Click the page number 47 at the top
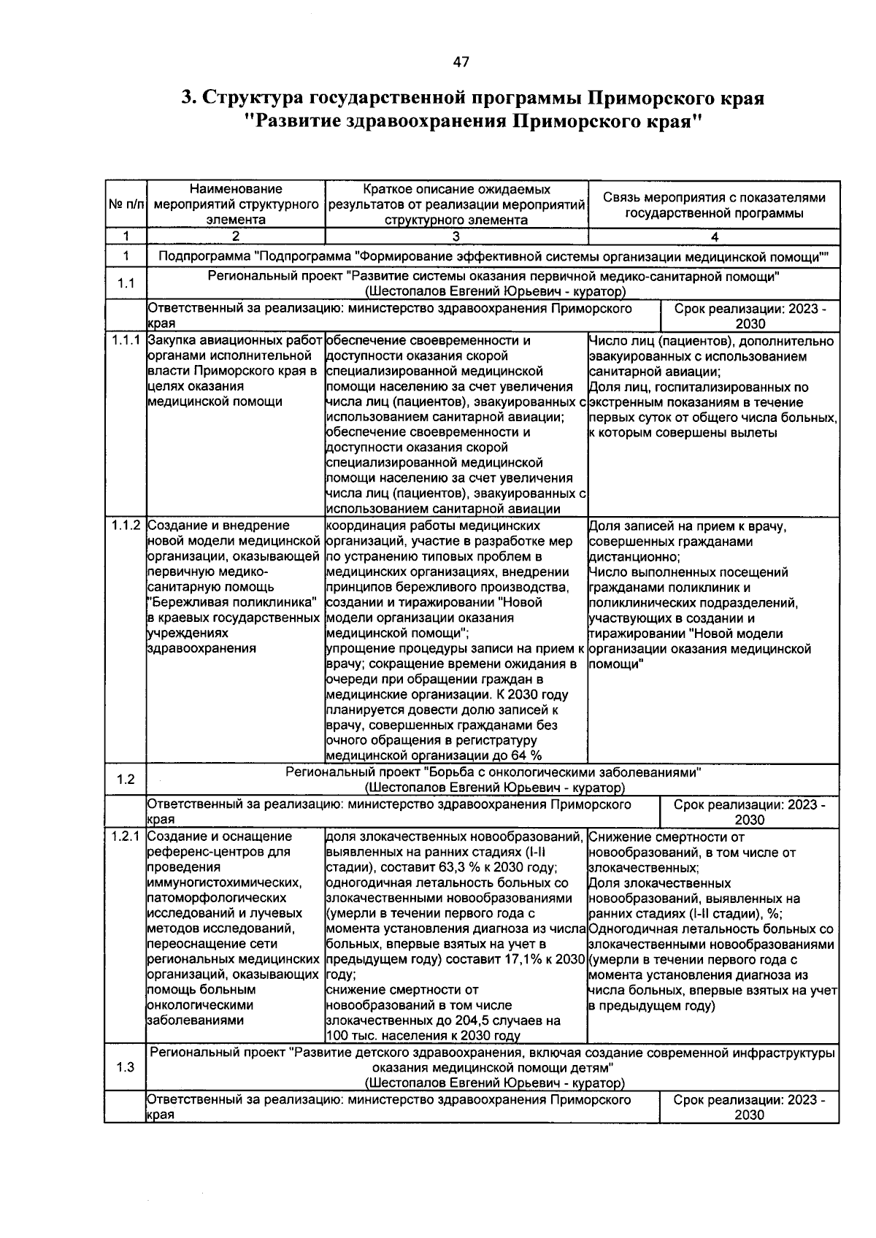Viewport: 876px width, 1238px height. point(461,63)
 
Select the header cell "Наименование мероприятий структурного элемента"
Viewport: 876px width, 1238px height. point(236,204)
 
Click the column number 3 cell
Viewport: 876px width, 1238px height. point(456,237)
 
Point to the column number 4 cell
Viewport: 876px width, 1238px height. point(714,237)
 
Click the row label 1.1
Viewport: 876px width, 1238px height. point(126,283)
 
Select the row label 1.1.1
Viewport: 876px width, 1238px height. point(126,341)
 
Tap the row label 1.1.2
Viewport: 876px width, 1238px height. point(126,526)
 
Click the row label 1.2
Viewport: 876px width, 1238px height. point(126,780)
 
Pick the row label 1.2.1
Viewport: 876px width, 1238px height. point(126,837)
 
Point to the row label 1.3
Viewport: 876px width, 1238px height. point(126,1067)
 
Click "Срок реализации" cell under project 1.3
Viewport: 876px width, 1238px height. point(749,1107)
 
